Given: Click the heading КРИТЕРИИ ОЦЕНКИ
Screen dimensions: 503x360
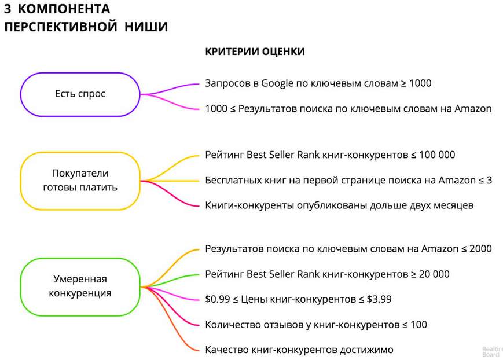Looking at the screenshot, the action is pyautogui.click(x=255, y=52).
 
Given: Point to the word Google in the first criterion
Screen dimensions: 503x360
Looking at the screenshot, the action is pyautogui.click(x=277, y=83).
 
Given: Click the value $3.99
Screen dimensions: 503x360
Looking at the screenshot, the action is pyautogui.click(x=379, y=299).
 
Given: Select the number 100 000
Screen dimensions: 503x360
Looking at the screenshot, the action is pyautogui.click(x=437, y=155).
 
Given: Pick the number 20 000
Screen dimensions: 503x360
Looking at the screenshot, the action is pyautogui.click(x=434, y=274).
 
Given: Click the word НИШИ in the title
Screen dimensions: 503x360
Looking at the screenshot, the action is pyautogui.click(x=146, y=27).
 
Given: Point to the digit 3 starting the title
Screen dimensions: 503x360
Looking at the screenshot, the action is pyautogui.click(x=8, y=9).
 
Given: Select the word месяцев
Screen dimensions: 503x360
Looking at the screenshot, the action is pyautogui.click(x=454, y=205).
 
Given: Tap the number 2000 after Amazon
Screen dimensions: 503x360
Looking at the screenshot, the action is pyautogui.click(x=480, y=249).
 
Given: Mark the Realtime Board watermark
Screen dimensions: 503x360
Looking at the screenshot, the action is pyautogui.click(x=492, y=352).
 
